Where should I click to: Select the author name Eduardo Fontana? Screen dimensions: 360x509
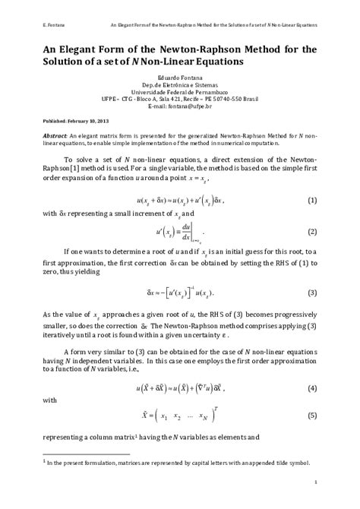[180, 76]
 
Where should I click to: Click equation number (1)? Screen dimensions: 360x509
[311, 201]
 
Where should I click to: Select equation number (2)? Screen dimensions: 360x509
[311, 230]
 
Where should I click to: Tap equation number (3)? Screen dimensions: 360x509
[311, 292]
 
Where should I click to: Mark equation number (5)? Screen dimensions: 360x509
[311, 416]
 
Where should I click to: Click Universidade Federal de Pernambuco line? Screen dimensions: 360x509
[180, 90]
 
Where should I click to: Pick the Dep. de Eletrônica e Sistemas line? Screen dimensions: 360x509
[180, 83]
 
